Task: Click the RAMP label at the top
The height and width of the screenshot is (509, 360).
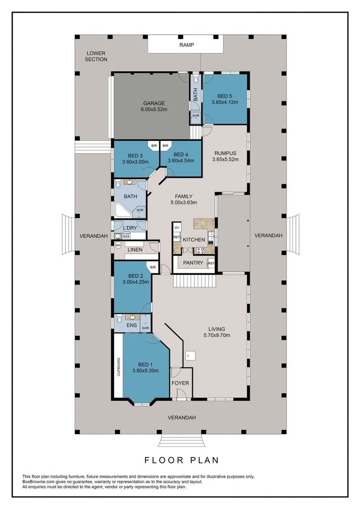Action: [186, 45]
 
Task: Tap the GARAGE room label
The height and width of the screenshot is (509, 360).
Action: [154, 103]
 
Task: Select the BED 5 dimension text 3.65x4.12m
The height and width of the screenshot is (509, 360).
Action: [225, 102]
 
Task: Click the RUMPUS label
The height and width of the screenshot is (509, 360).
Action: [225, 153]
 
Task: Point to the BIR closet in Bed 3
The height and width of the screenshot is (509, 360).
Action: [154, 146]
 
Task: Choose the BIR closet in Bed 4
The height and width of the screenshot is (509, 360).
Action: [165, 146]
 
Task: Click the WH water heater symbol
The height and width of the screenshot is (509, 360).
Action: [118, 246]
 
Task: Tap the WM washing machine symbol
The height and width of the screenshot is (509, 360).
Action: [126, 237]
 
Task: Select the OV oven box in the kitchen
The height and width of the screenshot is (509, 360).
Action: [177, 228]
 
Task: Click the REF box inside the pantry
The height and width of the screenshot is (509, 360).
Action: [211, 263]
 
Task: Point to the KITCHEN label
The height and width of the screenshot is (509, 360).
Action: [194, 239]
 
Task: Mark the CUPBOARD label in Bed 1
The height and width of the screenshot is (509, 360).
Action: [119, 367]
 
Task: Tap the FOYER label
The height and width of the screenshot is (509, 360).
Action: [180, 383]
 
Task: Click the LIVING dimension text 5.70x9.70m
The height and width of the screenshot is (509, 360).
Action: [217, 335]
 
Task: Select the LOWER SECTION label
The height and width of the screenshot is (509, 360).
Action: [96, 56]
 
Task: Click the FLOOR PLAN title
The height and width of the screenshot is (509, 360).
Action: [182, 460]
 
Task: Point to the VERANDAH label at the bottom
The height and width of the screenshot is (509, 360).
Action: [182, 418]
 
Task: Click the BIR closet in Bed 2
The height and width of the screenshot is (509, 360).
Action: [153, 268]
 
